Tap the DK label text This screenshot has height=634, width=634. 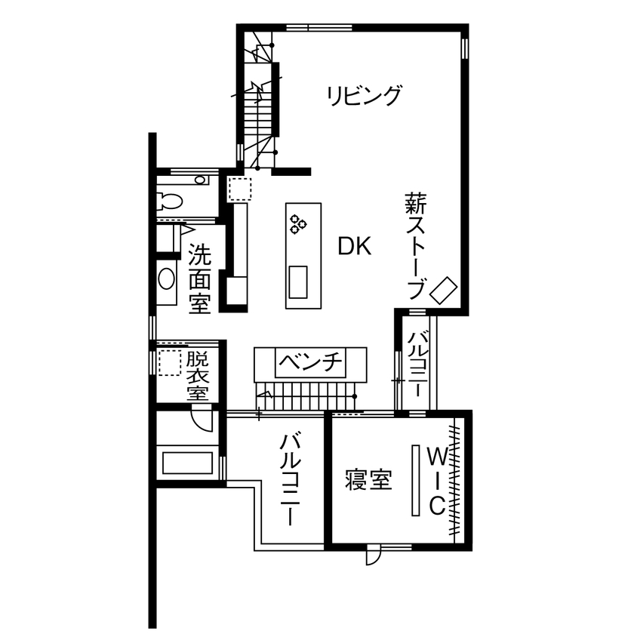(x=354, y=246)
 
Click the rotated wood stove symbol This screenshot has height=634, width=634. (x=444, y=290)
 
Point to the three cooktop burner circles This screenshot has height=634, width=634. (x=297, y=222)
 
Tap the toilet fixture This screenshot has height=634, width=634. (x=169, y=202)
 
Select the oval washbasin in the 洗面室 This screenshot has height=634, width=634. (x=166, y=279)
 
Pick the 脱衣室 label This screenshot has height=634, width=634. (x=197, y=376)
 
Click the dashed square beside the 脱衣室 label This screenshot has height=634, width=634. (x=170, y=362)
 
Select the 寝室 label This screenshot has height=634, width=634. (x=369, y=481)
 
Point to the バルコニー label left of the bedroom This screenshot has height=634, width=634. (x=291, y=480)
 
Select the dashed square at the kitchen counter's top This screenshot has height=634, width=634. (x=239, y=189)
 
